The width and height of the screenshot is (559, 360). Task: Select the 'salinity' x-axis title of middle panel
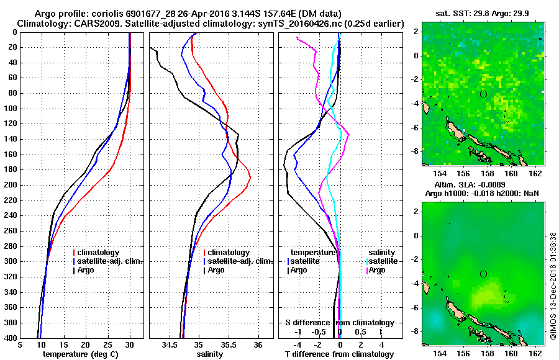pyautogui.click(x=211, y=354)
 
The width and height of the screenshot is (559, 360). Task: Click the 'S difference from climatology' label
pyautogui.click(x=340, y=323)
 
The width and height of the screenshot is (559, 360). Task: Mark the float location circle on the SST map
pyautogui.click(x=484, y=94)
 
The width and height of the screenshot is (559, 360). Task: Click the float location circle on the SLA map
pyautogui.click(x=484, y=274)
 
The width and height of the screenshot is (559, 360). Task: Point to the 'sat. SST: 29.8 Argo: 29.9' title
pyautogui.click(x=483, y=13)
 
